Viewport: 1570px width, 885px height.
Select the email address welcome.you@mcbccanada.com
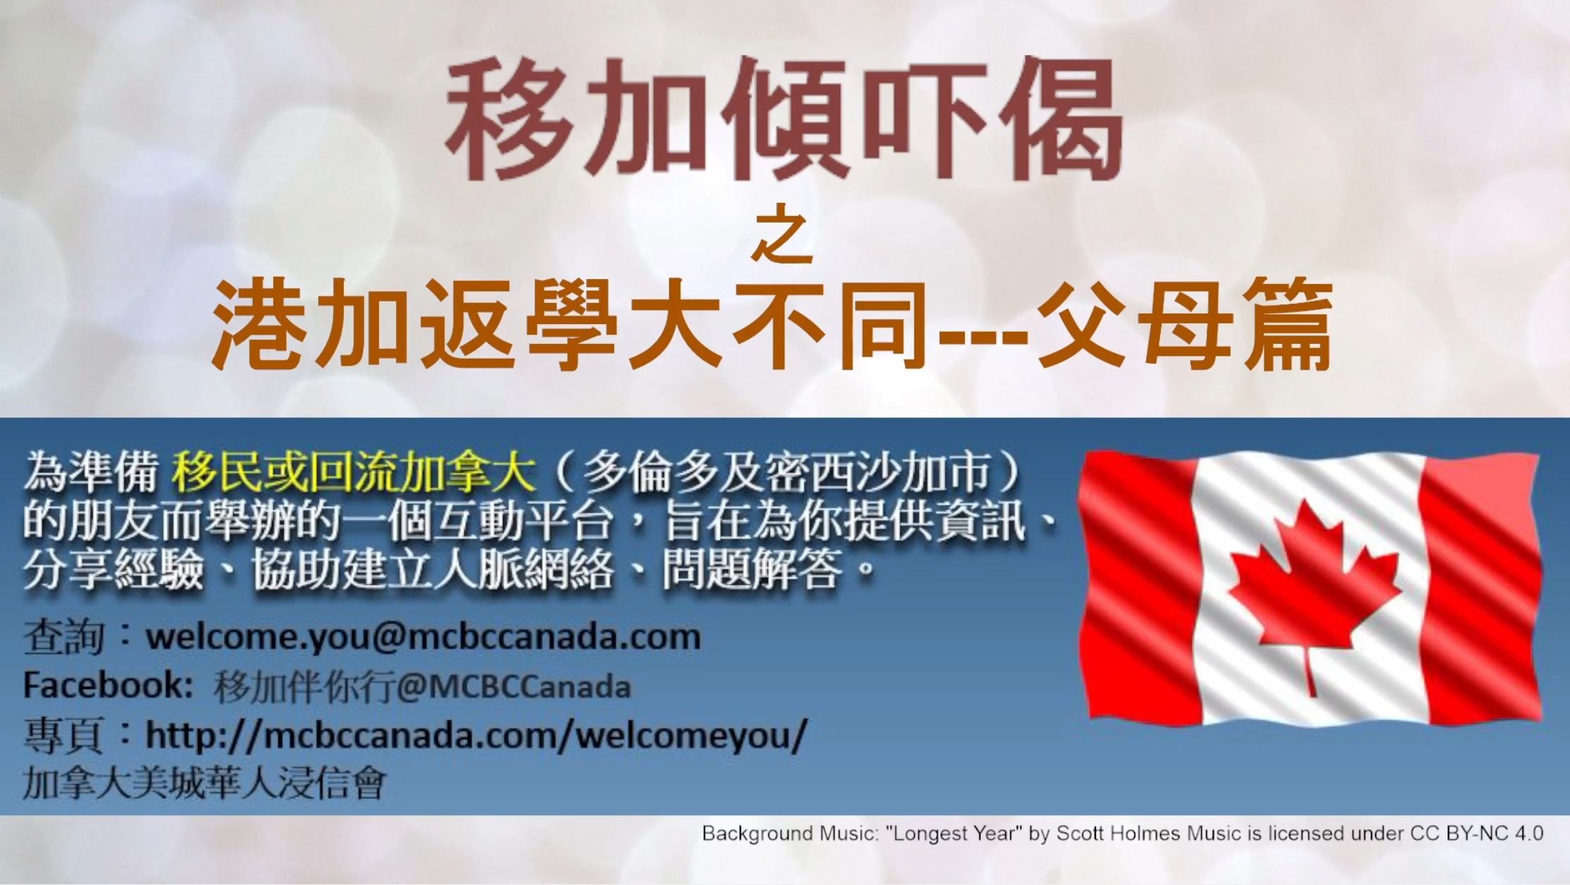pyautogui.click(x=423, y=637)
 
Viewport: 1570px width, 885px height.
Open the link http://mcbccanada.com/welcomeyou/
pyautogui.click(x=476, y=735)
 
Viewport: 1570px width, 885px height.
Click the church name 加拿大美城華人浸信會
pyautogui.click(x=205, y=782)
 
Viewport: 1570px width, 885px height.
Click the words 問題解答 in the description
pyautogui.click(x=752, y=568)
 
